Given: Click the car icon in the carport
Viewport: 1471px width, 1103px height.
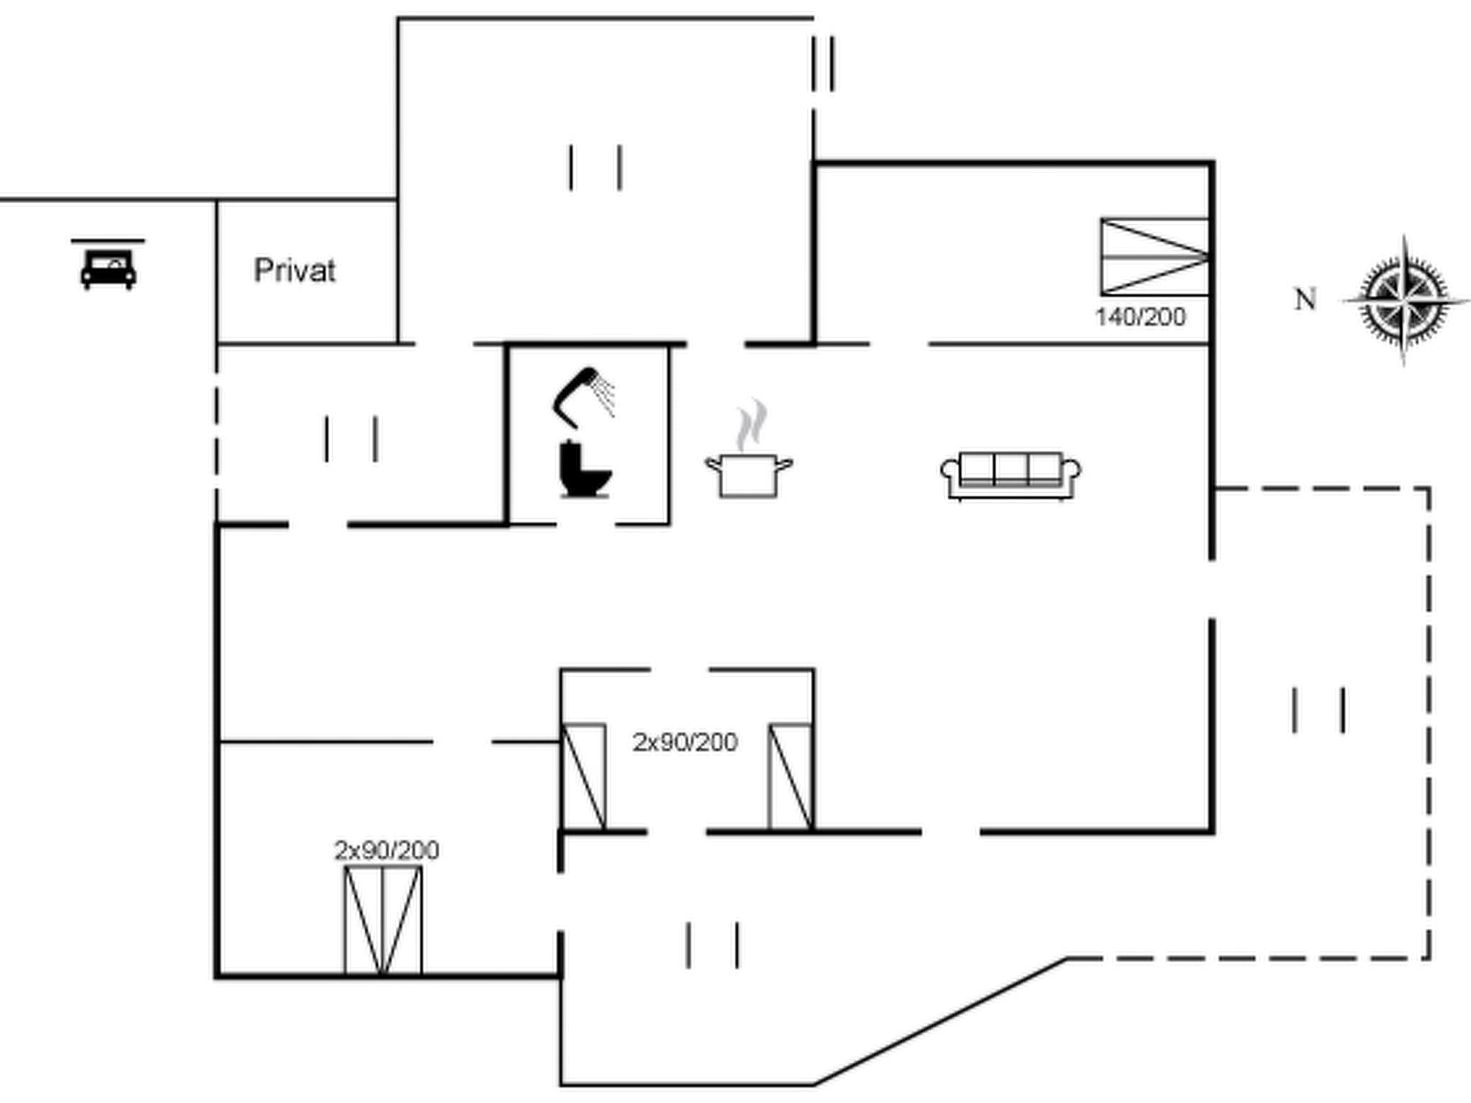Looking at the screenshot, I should pos(108,269).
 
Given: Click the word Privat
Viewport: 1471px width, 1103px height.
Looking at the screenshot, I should pos(294,271).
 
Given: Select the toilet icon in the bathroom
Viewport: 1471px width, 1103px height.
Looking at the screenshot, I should pos(583,470).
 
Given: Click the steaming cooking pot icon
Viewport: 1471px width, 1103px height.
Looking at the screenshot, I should pos(748,460).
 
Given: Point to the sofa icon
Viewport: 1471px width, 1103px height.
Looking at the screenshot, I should pos(1011,475).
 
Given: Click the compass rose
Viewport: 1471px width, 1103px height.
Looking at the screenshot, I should pos(1404,300).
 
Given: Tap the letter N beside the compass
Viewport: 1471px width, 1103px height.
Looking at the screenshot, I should pos(1305,299).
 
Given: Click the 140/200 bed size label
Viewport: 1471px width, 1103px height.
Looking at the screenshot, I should pos(1140,317).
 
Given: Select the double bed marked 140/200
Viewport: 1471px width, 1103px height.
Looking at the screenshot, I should pos(1154,256).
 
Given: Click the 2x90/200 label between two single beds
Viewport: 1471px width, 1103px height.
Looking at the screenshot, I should pos(685,742).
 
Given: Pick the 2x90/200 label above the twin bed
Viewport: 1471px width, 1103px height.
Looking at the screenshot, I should pos(386,850).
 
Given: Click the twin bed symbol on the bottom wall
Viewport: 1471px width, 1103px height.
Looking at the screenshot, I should pos(383,921).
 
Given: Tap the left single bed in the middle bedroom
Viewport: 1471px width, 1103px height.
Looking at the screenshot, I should pos(583,777).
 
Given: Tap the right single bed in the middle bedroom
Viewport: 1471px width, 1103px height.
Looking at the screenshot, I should pos(791,777).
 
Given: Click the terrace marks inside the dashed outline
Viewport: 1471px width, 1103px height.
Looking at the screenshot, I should pos(1318,710).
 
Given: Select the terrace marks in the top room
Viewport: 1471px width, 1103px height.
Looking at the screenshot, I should pos(595,167).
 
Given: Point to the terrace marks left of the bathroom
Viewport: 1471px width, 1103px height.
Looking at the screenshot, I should pos(351,439).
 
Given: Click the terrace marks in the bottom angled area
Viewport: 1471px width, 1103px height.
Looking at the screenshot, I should pos(713,945).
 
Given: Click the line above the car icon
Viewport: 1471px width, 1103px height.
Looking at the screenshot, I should pos(108,241).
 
